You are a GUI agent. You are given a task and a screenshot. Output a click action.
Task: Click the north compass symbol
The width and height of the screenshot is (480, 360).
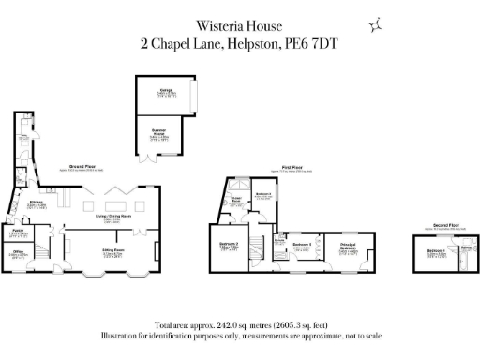[x=376, y=25]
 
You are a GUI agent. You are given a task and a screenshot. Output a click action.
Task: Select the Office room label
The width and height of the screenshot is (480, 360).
[x=18, y=252]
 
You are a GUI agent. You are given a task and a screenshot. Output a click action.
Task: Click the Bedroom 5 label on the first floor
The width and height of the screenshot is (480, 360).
[x=302, y=245]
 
